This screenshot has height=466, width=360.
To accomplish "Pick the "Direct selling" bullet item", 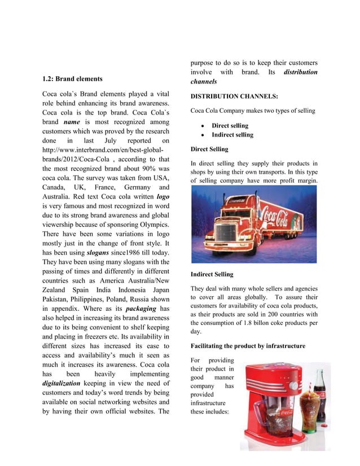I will [230, 126].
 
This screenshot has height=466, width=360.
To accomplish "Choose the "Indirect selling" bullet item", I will [232, 135].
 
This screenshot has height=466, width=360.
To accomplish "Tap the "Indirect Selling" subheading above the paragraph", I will [212, 274].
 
